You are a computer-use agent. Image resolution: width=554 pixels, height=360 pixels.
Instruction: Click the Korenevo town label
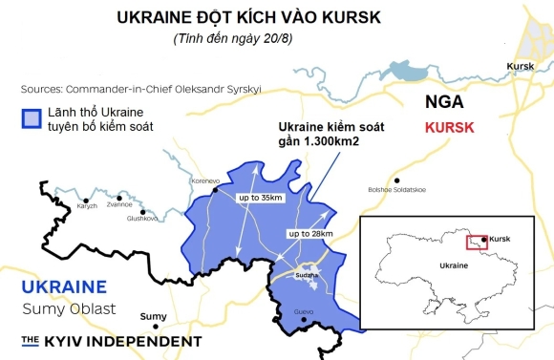206,180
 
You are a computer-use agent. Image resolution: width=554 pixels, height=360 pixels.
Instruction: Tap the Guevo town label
304,311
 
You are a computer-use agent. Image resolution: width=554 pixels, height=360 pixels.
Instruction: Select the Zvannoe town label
119,203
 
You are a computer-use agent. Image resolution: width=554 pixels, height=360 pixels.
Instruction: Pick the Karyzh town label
88,205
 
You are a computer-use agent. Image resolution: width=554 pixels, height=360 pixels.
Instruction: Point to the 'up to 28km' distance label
309,233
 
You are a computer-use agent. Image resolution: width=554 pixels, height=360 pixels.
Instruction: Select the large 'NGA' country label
446,100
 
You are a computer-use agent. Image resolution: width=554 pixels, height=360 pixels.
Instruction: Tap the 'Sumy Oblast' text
62,308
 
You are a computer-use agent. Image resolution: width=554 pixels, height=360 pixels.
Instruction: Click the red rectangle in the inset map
477,242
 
